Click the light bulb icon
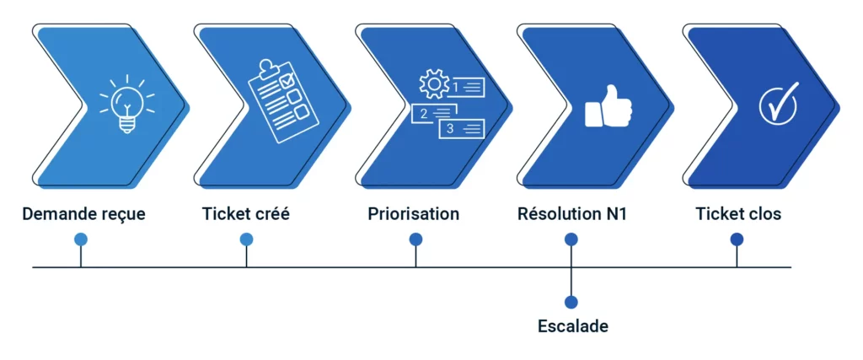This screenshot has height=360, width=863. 127,105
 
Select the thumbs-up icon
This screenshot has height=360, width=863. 608,107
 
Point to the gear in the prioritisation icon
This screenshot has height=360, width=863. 434,85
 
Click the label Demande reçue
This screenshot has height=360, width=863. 83,214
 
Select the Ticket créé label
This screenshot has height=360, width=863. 246,214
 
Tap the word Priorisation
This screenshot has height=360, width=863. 414,214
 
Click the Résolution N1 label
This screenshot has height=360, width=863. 571,214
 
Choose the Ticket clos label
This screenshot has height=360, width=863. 738,214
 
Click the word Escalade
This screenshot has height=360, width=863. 573,326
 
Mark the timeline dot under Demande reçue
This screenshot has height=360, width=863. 81,239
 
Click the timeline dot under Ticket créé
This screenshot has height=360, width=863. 246,239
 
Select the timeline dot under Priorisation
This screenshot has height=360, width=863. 415,239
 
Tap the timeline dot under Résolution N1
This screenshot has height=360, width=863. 571,239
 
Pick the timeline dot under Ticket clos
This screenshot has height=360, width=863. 737,239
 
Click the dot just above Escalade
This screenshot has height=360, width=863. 571,302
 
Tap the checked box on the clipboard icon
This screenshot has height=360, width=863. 287,81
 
